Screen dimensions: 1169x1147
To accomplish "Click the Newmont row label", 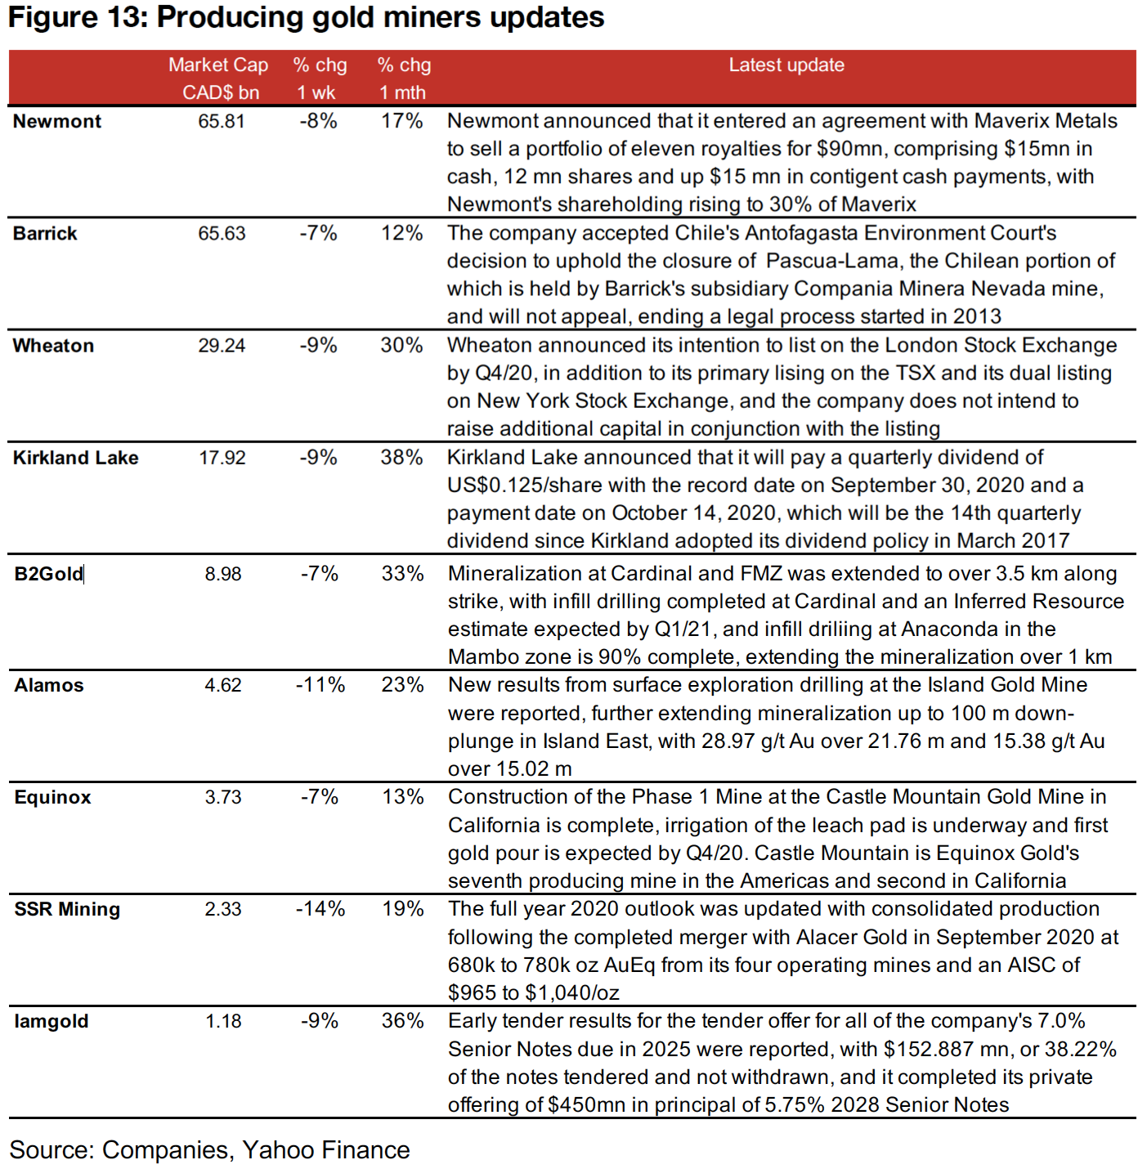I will pyautogui.click(x=57, y=121).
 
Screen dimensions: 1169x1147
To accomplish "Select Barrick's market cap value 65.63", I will pyautogui.click(x=222, y=233).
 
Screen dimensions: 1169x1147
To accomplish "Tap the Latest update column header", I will pyautogui.click(x=786, y=65).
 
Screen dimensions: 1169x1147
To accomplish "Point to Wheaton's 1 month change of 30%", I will pyautogui.click(x=401, y=345).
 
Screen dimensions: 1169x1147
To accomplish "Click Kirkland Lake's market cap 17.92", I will pyautogui.click(x=222, y=457).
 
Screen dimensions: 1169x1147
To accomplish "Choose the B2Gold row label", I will pyautogui.click(x=49, y=574).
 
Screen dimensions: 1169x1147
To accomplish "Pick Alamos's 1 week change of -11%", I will pyautogui.click(x=320, y=685).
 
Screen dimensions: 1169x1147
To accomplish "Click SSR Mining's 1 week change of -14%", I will pyautogui.click(x=320, y=909).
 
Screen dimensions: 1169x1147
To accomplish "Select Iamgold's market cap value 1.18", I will pyautogui.click(x=223, y=1021).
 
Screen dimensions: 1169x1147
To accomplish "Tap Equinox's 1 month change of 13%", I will pyautogui.click(x=402, y=797).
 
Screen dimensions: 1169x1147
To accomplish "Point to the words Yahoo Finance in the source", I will pyautogui.click(x=326, y=1150).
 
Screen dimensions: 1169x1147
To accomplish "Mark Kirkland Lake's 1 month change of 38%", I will pyautogui.click(x=401, y=457).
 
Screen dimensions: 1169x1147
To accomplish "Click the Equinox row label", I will pyautogui.click(x=53, y=797).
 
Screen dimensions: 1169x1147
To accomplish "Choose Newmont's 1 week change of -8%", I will pyautogui.click(x=318, y=121).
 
